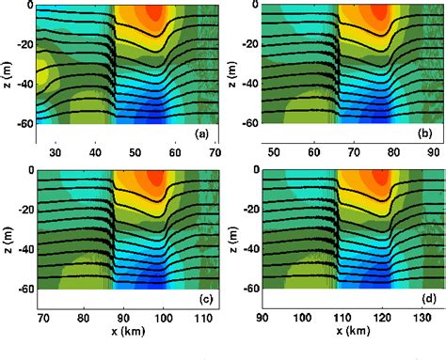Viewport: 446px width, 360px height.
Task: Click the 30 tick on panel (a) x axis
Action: tap(55, 152)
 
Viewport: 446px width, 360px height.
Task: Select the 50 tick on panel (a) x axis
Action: tap(135, 152)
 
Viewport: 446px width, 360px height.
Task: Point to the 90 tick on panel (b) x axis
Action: tap(431, 152)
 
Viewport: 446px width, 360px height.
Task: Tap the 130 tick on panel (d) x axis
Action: tap(422, 320)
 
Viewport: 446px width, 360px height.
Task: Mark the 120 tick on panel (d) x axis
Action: tap(381, 320)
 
